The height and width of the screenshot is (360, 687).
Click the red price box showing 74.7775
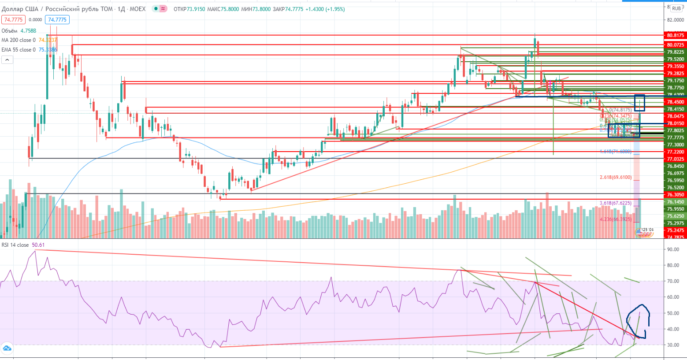pyautogui.click(x=13, y=20)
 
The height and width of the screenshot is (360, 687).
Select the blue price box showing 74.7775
pyautogui.click(x=57, y=20)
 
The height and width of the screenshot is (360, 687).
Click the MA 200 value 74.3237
pyautogui.click(x=48, y=40)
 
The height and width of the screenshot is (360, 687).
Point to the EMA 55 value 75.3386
pyautogui.click(x=48, y=50)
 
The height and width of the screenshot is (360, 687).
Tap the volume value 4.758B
pyautogui.click(x=28, y=31)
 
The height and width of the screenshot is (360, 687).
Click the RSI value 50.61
pyautogui.click(x=38, y=245)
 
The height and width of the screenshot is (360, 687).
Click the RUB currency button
pyautogui.click(x=676, y=8)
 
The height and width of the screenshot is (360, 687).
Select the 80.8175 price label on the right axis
pyautogui.click(x=675, y=35)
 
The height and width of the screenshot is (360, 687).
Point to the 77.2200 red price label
pyautogui.click(x=675, y=152)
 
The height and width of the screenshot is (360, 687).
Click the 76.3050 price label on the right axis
pyautogui.click(x=675, y=195)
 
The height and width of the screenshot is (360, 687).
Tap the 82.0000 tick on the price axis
pyautogui.click(x=675, y=20)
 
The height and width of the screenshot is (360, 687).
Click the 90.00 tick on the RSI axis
pyautogui.click(x=673, y=249)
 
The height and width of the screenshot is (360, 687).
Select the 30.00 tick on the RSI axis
pyautogui.click(x=673, y=345)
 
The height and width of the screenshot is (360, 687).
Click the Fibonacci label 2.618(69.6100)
pyautogui.click(x=616, y=178)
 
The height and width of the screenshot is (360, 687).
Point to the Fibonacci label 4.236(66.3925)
pyautogui.click(x=616, y=219)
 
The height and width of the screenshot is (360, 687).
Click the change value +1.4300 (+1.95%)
pyautogui.click(x=325, y=9)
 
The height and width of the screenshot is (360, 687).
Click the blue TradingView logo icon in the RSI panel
pyautogui.click(x=7, y=349)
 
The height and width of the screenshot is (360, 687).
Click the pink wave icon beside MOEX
pyautogui.click(x=163, y=9)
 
